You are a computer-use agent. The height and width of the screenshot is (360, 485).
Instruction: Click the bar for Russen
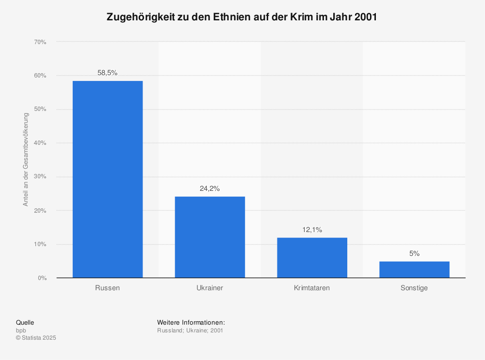(x=108, y=179)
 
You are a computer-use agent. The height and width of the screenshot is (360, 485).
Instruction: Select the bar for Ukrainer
(x=210, y=237)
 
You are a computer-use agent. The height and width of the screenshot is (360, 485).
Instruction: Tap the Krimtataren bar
(x=312, y=257)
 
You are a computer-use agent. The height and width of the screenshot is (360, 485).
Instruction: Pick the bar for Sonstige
(x=414, y=269)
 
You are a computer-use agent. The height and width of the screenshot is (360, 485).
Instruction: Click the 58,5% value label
(x=108, y=73)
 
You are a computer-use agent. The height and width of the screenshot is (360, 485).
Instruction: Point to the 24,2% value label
(x=210, y=188)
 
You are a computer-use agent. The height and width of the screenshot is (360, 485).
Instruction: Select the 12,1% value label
(x=312, y=230)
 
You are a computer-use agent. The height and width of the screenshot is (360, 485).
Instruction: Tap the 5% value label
(x=414, y=253)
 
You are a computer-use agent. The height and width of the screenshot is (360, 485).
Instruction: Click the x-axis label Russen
(x=108, y=288)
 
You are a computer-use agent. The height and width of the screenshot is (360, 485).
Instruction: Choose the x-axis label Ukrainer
(x=210, y=288)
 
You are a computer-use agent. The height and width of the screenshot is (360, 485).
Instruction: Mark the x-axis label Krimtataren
(x=312, y=288)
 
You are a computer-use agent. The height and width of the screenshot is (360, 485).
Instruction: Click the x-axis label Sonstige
(x=414, y=288)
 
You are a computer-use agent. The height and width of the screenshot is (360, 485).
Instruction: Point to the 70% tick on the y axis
(x=40, y=42)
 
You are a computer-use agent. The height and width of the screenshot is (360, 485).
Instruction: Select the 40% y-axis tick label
(x=40, y=143)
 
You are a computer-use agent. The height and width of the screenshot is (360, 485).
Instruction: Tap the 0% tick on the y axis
(x=41, y=278)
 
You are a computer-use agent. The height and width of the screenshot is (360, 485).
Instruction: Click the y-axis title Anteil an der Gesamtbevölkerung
(x=26, y=160)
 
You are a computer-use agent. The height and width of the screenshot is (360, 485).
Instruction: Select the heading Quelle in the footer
(x=25, y=323)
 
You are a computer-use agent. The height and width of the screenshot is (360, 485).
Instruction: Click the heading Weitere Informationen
(x=191, y=323)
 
